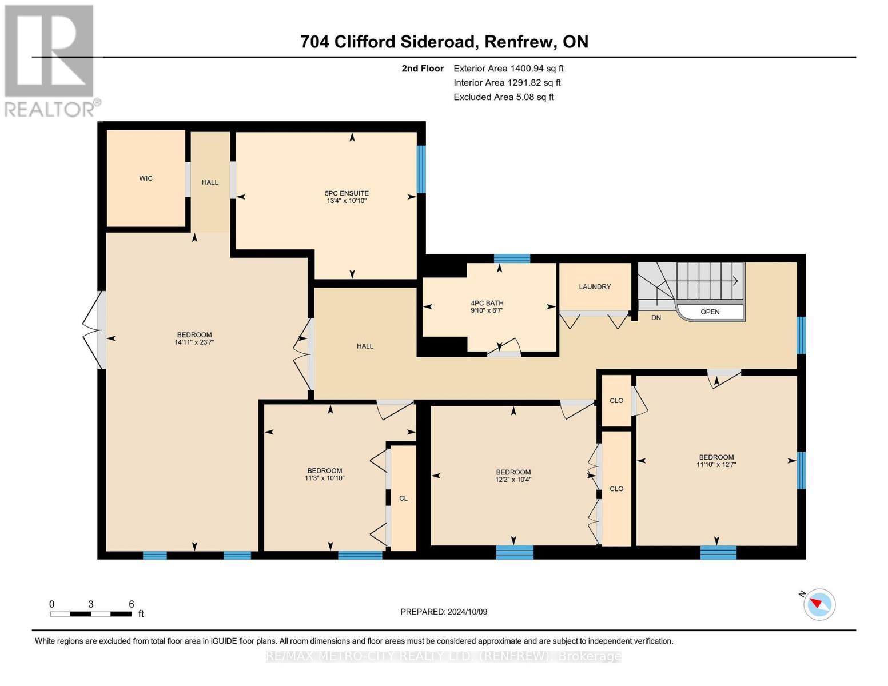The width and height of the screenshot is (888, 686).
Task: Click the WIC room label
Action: point(146,178)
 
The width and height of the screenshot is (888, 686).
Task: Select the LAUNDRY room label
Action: point(595,286)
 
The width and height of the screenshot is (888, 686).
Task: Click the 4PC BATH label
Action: point(487,303)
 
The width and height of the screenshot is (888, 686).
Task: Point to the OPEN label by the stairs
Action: point(710,312)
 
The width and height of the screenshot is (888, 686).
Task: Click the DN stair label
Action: point(656,317)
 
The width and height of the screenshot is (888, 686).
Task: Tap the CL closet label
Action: point(403,498)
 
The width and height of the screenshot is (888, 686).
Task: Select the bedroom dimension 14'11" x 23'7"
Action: point(194,342)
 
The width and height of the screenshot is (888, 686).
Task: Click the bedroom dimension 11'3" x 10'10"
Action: point(325,478)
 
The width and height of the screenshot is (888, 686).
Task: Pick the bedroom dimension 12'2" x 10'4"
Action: point(513,480)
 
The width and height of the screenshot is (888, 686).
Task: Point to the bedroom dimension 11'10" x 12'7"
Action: point(716,465)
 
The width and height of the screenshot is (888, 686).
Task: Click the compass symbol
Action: point(819,604)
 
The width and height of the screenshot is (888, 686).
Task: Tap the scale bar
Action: point(90,614)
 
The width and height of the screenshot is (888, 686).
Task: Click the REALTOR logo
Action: point(50,60)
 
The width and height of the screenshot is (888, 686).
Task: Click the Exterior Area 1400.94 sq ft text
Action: point(508,68)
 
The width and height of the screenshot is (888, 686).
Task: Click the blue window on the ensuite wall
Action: point(421,169)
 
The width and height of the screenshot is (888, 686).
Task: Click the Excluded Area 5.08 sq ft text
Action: point(503,97)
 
